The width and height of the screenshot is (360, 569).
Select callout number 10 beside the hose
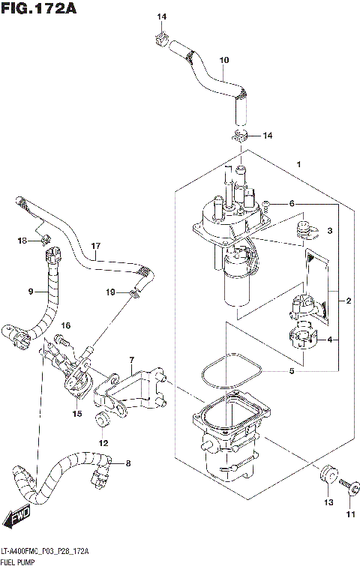click(223, 60)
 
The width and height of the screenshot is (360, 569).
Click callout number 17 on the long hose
click(95, 246)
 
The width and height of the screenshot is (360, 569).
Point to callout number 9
click(32, 291)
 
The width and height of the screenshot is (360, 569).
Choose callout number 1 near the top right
click(298, 164)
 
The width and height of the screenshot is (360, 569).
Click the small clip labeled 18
click(44, 240)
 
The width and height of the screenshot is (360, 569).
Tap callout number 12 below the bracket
click(103, 443)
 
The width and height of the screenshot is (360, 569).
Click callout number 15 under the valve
click(76, 413)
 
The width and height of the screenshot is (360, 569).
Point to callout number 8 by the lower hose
click(127, 463)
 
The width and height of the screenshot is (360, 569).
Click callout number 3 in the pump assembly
click(328, 232)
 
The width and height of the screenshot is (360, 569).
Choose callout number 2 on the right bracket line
click(348, 301)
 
